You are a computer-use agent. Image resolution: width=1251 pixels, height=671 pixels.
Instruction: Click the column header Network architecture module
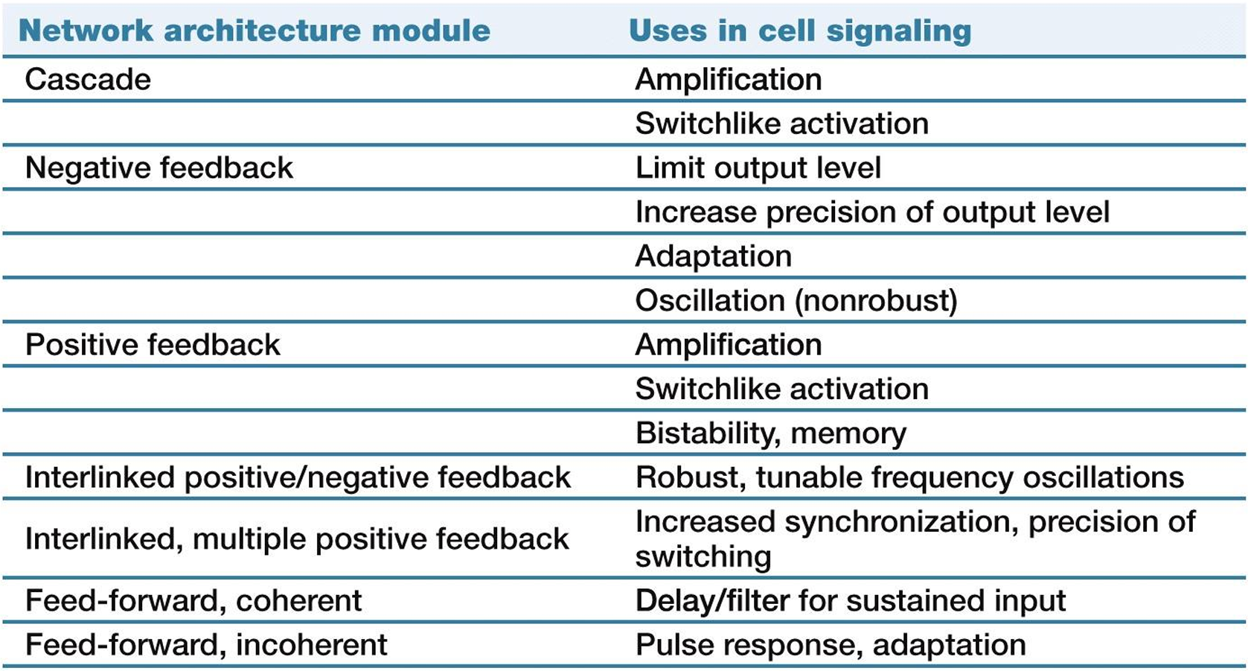tap(255, 31)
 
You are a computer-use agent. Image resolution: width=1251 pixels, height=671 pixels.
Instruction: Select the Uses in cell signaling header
tap(800, 31)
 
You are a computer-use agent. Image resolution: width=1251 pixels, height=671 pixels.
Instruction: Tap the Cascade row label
tap(88, 80)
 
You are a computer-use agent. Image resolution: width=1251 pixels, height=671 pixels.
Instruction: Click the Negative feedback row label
tap(159, 168)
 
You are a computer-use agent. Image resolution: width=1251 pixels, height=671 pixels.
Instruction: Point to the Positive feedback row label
tap(153, 345)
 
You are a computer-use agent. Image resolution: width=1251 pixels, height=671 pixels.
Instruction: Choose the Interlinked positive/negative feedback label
tap(298, 477)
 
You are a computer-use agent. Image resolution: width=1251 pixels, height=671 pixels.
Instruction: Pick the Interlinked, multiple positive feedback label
tap(297, 538)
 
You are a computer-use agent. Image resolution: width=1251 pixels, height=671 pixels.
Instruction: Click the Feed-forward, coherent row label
tap(193, 600)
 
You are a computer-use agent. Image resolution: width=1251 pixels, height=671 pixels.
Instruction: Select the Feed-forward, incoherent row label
tap(206, 645)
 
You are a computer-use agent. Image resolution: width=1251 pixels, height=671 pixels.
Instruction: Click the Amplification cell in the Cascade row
tap(729, 80)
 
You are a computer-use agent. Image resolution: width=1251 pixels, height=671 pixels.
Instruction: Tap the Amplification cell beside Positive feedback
tap(729, 345)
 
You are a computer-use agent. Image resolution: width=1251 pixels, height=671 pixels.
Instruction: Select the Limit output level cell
tap(758, 168)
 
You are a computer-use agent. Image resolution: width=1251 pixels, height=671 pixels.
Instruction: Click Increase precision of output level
tap(872, 212)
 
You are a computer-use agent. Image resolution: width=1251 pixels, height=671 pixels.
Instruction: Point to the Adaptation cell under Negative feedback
tap(714, 256)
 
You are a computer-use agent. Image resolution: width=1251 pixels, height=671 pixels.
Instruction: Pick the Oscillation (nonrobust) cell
tap(796, 301)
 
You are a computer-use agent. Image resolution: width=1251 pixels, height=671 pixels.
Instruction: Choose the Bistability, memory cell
tap(771, 433)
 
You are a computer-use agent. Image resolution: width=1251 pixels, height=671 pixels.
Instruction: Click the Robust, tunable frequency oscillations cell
tap(909, 477)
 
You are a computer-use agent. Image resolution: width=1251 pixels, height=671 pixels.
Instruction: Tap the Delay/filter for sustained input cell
tap(851, 600)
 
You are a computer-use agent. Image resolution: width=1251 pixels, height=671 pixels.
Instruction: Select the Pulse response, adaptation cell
tap(831, 645)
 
